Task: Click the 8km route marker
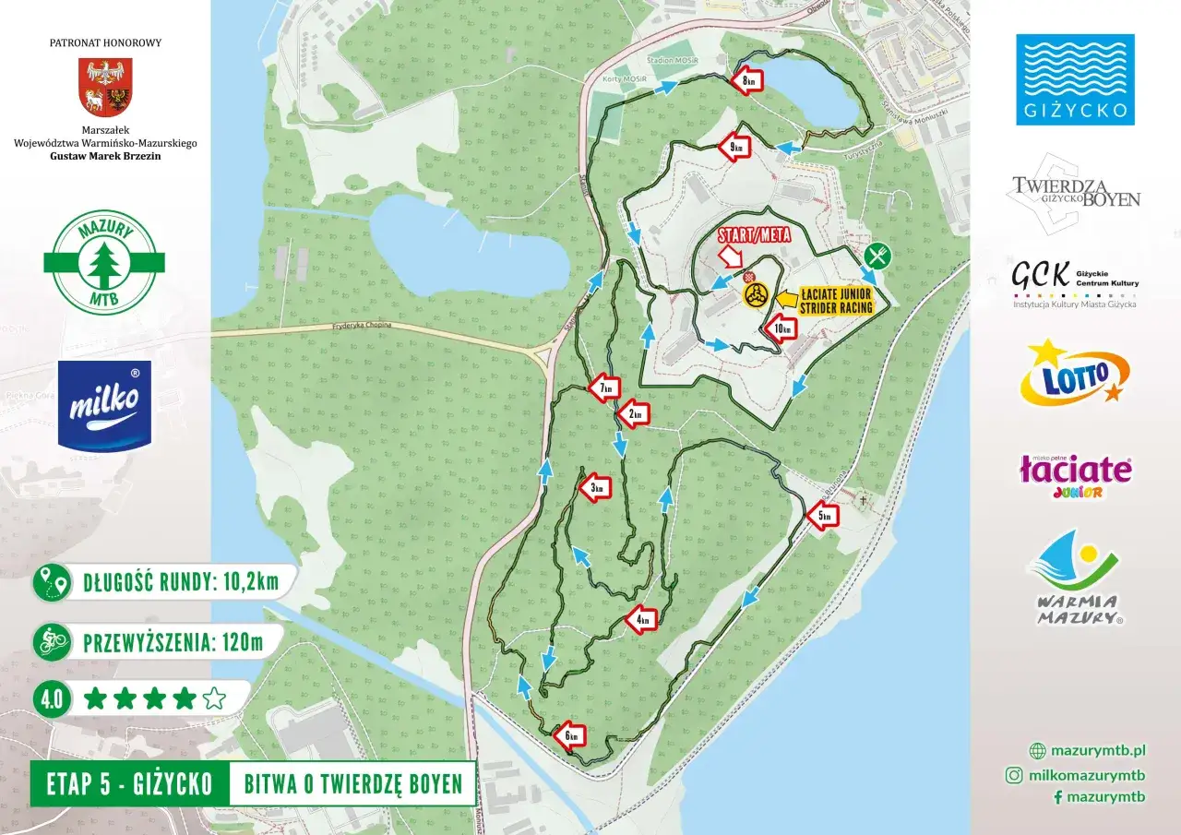point(749,81)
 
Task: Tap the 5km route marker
point(823,518)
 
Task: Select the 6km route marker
point(571,735)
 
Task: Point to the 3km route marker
point(596,487)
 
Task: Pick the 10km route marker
point(780,328)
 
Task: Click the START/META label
point(755,234)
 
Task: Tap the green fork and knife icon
point(879,256)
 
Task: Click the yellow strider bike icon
point(756,295)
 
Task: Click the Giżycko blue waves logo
point(1075,79)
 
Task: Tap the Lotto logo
point(1074,373)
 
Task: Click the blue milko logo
point(104,404)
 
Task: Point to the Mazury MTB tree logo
point(104,263)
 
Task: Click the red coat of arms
point(105,88)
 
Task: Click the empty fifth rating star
point(214,698)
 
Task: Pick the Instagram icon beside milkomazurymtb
point(1013,776)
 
